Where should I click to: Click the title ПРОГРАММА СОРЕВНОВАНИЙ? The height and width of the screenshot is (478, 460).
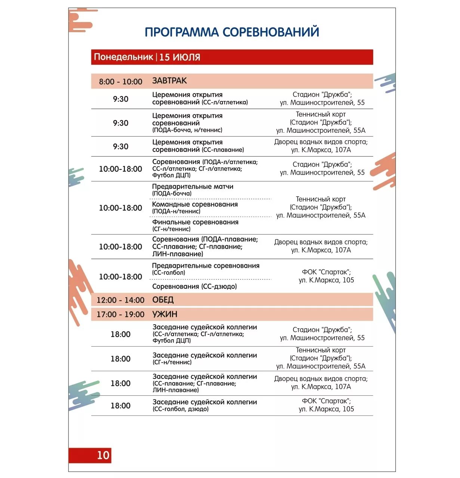tap(232, 32)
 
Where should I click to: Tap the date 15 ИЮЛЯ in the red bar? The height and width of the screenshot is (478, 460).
tap(180, 57)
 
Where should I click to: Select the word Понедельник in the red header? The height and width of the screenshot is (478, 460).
tap(123, 57)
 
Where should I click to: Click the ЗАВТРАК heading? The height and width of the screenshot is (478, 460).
tap(169, 81)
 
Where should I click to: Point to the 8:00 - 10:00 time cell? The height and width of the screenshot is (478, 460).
tap(120, 82)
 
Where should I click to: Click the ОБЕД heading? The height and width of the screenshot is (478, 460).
tap(163, 300)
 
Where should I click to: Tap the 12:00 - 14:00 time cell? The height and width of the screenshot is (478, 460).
tap(120, 300)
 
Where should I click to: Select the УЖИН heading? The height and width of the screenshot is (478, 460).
tap(165, 314)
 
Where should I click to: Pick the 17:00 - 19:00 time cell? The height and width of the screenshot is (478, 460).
tap(120, 315)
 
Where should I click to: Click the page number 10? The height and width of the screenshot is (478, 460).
tap(103, 455)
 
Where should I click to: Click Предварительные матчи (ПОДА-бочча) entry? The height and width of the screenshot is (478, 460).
tap(193, 190)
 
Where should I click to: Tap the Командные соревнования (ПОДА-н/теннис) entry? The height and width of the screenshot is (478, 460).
tap(195, 208)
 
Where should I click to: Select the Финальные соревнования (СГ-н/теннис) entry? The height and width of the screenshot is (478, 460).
tap(195, 225)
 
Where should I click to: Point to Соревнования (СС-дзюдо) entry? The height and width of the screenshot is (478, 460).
tap(194, 287)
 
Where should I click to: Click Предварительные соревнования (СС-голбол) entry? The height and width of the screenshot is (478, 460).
tap(206, 269)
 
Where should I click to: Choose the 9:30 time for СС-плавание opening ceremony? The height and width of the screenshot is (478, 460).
tap(120, 147)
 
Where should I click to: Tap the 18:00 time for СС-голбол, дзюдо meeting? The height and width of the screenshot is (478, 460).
tap(120, 406)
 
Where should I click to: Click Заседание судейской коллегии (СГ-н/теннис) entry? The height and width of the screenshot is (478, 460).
tap(205, 358)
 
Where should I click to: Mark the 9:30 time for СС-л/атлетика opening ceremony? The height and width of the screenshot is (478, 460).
tap(120, 99)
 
